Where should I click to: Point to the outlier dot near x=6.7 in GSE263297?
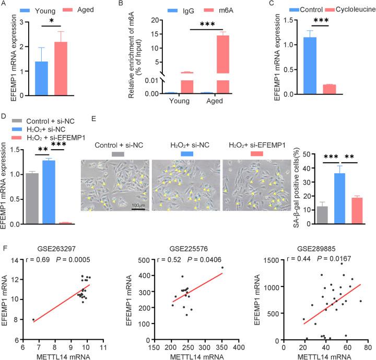point(33,320)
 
